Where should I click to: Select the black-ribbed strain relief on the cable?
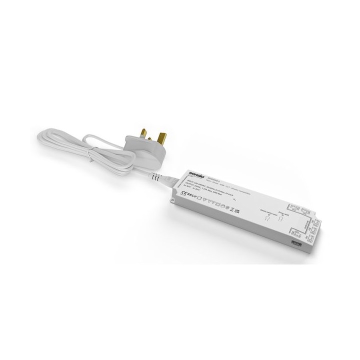(x=157, y=176)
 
